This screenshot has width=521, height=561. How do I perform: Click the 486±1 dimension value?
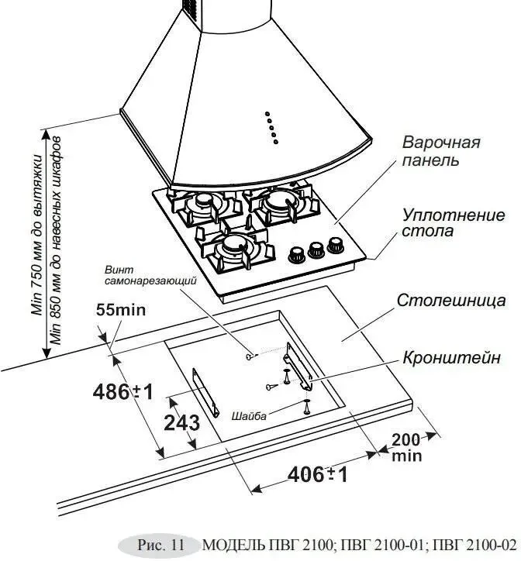point(122,391)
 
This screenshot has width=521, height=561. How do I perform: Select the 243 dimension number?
point(182,423)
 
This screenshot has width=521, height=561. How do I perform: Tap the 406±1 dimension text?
point(317,473)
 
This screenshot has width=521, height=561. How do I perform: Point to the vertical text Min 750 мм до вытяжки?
point(36,232)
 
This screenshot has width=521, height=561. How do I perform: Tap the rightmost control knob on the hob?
point(335,246)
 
